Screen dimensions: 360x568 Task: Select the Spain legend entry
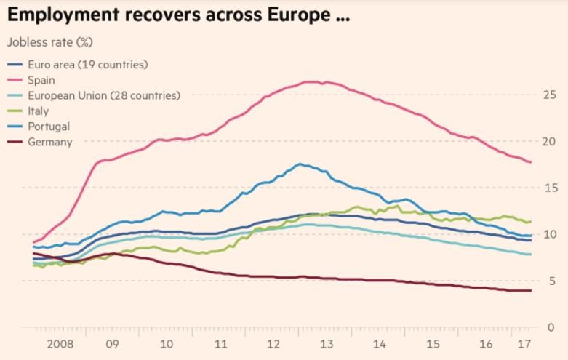tap(41, 80)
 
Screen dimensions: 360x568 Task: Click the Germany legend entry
tap(49, 142)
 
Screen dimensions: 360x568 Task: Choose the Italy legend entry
tap(38, 111)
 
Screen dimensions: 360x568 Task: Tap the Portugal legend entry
tap(49, 127)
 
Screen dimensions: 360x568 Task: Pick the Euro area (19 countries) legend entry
tap(87, 65)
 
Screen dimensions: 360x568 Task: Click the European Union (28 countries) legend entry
tap(103, 95)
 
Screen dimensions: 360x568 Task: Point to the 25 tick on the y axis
tap(549, 94)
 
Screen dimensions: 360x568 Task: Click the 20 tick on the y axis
tap(549, 140)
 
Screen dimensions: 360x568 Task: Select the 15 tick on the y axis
tap(549, 187)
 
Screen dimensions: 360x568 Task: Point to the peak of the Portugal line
tap(300, 164)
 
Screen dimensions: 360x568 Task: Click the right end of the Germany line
tap(532, 291)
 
